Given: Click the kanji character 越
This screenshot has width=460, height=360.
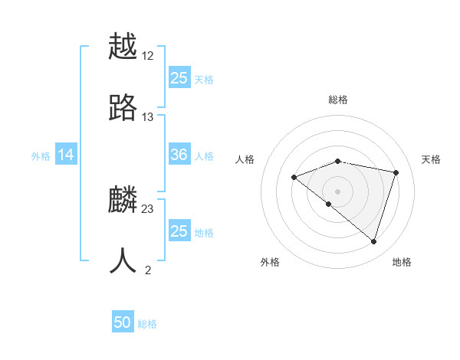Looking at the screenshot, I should click(x=123, y=47).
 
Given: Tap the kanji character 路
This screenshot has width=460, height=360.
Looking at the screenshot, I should click(x=123, y=107).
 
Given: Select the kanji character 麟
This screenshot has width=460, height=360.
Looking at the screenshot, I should click(x=123, y=200).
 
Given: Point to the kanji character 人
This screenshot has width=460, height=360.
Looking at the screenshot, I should click(x=123, y=261).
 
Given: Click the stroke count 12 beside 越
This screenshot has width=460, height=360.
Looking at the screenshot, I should click(x=148, y=56).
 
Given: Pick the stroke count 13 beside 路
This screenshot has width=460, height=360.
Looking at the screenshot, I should click(x=148, y=117).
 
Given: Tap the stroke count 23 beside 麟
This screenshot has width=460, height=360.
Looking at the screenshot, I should click(x=148, y=209).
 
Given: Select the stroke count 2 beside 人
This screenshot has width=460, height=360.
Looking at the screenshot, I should click(x=148, y=270).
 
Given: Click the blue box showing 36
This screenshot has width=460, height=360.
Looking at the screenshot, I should click(x=179, y=155).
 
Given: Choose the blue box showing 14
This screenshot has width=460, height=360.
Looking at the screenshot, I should click(x=66, y=155).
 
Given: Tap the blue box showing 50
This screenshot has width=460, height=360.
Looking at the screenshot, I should click(x=123, y=323).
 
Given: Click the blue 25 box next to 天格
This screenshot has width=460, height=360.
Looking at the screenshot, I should click(x=179, y=78).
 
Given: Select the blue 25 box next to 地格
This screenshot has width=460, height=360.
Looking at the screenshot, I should click(x=179, y=231).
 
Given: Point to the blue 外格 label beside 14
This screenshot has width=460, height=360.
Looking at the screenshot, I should click(x=41, y=156).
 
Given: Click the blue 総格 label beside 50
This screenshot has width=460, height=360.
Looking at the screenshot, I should click(x=147, y=324).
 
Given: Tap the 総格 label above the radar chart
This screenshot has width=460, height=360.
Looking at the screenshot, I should click(x=338, y=100).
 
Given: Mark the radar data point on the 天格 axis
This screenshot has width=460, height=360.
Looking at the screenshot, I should click(x=396, y=172).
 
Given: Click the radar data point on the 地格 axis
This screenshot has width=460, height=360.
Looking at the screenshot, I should click(x=373, y=241).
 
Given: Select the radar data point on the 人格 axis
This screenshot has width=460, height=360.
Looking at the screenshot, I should click(x=294, y=178).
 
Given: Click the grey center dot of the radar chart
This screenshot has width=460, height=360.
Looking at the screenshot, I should click(x=338, y=191).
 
